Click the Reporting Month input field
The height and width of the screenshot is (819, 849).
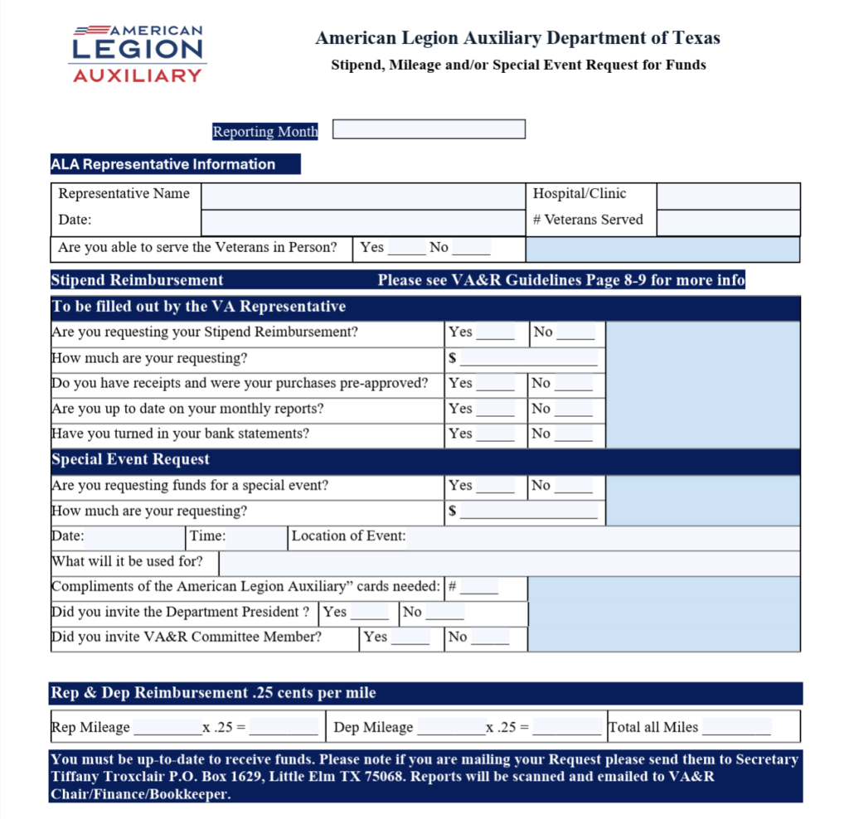pos(429,130)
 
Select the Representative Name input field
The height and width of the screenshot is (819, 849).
pos(362,196)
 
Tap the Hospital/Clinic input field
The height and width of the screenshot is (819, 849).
pos(728,196)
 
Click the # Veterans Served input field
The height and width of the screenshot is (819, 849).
pos(728,222)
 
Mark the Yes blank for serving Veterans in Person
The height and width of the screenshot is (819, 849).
pos(406,248)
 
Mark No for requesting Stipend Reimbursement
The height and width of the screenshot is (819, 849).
pos(575,333)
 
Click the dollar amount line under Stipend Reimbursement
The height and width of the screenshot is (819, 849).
pos(528,359)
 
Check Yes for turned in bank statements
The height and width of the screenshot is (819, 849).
pos(495,434)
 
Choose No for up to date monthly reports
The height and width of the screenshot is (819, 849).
pos(574,409)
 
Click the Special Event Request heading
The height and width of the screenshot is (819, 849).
pos(131,460)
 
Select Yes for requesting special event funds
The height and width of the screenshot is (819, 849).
pos(495,487)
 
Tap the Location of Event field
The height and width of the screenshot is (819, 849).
pos(603,537)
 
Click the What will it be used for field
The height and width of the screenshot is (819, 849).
pos(508,563)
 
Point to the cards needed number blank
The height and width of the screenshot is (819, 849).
pos(478,588)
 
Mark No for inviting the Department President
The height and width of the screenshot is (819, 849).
pos(444,613)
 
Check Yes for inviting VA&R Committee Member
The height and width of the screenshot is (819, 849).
pos(410,638)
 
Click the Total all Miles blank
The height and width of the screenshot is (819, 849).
pos(736,729)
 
